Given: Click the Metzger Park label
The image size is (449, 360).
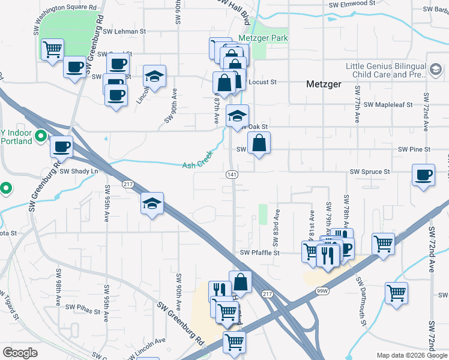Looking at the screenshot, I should pos(263,38).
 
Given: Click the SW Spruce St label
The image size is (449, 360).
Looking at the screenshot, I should pos(370,172).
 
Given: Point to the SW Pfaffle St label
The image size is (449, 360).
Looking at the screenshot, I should pos(260,253).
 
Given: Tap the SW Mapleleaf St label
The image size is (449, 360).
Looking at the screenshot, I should pos(388,104).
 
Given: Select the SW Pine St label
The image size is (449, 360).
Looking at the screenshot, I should pos(415,149).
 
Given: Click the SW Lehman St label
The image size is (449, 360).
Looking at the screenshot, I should pos(124,31).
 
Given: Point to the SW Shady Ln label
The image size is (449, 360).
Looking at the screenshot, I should pos(79,171).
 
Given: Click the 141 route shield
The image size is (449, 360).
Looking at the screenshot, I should pos(232,174).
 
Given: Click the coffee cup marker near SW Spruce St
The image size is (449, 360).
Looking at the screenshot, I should pos(423,175).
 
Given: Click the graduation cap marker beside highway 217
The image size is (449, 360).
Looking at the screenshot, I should pos(152,203).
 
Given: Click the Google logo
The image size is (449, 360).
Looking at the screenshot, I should pos(20,353).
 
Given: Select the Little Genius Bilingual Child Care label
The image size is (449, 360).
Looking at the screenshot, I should pos(385,71).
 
